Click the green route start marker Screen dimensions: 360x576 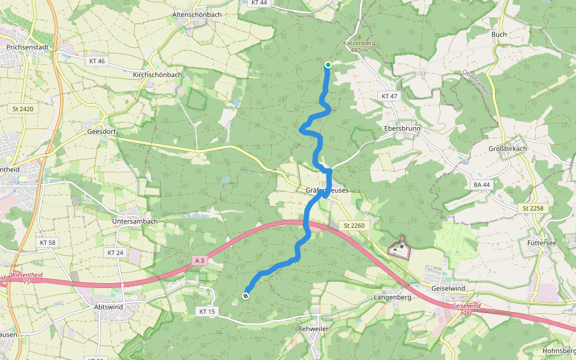(x=328, y=65)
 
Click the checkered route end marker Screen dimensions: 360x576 (x=245, y=295)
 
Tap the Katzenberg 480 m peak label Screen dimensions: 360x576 (x=359, y=46)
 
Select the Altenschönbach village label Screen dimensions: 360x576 (x=196, y=14)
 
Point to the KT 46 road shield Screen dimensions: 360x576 (x=96, y=61)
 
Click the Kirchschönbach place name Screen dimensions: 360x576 (x=157, y=75)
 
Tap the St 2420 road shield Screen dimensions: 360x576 (x=22, y=109)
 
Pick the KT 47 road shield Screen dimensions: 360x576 (x=389, y=96)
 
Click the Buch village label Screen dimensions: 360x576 (x=499, y=35)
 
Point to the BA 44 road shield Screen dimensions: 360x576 (x=481, y=185)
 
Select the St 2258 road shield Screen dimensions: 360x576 (x=529, y=208)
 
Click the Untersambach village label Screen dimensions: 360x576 (x=135, y=221)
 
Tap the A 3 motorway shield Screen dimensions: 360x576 (x=200, y=260)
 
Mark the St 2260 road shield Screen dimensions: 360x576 (x=354, y=225)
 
